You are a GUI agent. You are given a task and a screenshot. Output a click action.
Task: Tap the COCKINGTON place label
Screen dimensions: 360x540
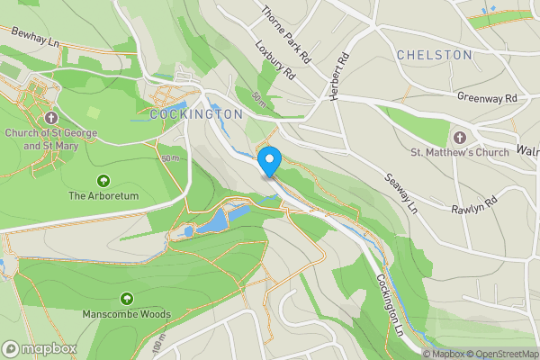tap(197, 114)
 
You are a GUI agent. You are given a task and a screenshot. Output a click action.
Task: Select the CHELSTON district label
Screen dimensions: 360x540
tap(435, 55)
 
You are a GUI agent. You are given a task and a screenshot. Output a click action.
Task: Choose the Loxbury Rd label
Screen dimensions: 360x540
tap(274, 60)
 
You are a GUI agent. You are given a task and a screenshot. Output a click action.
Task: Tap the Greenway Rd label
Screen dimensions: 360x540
tap(487, 97)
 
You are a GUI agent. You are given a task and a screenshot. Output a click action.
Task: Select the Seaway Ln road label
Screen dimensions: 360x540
tap(402, 194)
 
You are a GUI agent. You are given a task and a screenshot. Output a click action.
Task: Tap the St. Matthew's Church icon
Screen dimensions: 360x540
tap(461, 137)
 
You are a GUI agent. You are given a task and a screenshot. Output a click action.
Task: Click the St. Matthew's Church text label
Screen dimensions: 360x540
tap(460, 152)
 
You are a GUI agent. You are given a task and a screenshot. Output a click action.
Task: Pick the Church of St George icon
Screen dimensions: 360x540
tap(52, 117)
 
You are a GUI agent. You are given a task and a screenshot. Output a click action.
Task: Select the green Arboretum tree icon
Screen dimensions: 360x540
tap(103, 180)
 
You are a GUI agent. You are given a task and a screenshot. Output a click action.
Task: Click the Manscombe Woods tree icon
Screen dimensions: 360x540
tap(126, 298)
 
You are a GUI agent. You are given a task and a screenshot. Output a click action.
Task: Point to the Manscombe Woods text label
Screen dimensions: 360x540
tap(126, 315)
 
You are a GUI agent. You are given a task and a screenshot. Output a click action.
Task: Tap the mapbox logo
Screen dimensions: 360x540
tap(40, 348)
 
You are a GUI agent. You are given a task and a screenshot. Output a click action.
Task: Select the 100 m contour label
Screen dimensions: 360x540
tap(158, 346)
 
